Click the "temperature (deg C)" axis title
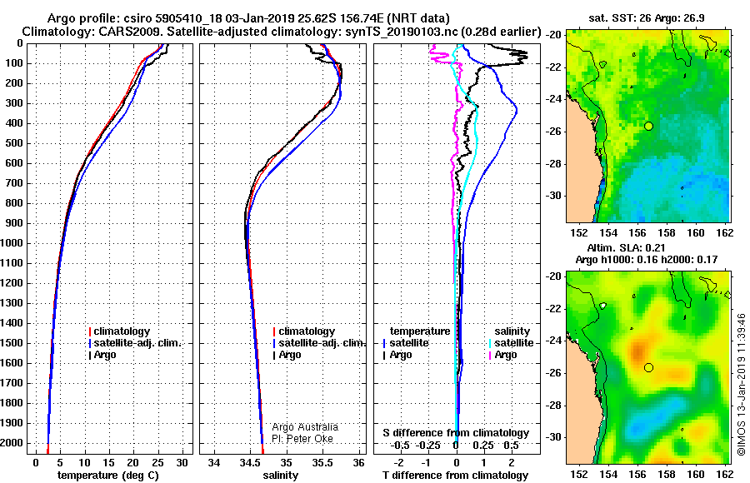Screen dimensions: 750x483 pyautogui.click(x=108, y=476)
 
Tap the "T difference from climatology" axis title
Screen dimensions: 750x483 pyautogui.click(x=456, y=476)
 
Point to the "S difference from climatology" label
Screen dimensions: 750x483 pyautogui.click(x=456, y=433)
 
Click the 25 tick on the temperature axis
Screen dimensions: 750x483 pyautogui.click(x=157, y=463)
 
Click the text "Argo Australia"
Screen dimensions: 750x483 pyautogui.click(x=305, y=427)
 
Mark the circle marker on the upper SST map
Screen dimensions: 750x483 pyautogui.click(x=648, y=127)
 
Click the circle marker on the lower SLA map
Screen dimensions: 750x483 pyautogui.click(x=648, y=368)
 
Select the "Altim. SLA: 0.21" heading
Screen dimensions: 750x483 pyautogui.click(x=626, y=247)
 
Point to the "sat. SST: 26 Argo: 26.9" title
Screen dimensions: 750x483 pyautogui.click(x=646, y=18)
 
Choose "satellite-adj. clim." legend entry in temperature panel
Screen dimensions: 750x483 pyautogui.click(x=135, y=343)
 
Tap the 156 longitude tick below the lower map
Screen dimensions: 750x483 pyautogui.click(x=637, y=475)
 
